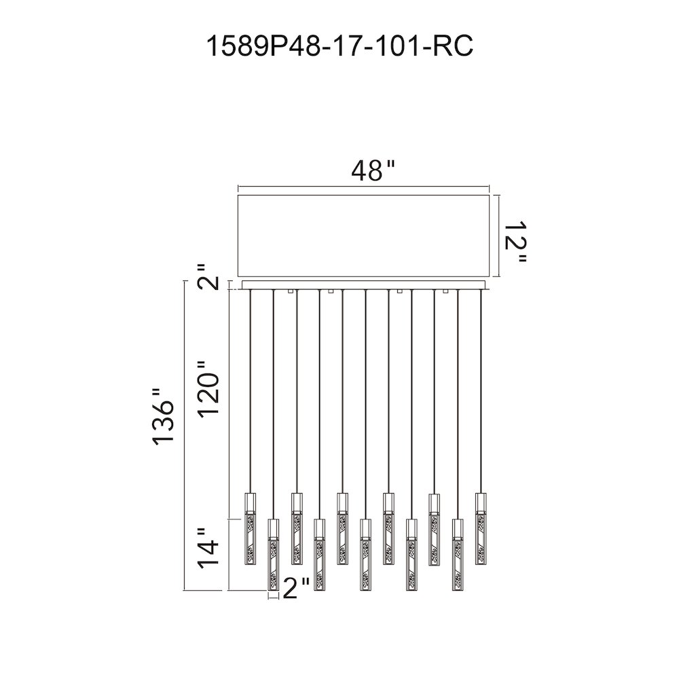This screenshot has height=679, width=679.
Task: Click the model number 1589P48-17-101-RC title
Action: pos(340,46)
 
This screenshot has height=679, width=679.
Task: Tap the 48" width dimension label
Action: pos(373,171)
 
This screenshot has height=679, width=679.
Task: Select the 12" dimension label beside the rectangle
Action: pos(515,242)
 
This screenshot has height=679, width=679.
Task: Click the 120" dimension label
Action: pos(209,388)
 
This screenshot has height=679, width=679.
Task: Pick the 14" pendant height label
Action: pos(208,548)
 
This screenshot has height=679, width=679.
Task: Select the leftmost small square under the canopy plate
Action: pos(291,291)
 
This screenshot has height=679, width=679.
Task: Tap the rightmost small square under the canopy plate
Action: pos(445,291)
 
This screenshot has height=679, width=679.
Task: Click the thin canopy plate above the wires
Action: pos(366,285)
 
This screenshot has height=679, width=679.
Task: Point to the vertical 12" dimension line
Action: pos(499,236)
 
